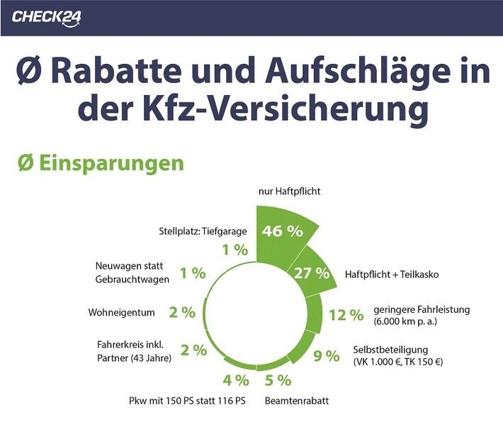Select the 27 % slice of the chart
pyautogui.click(x=312, y=272)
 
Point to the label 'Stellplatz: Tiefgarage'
pyautogui.click(x=200, y=231)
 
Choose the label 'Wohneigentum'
pyautogui.click(x=121, y=312)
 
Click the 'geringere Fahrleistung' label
pyautogui.click(x=421, y=309)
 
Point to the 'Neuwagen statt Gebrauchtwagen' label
pyautogui.click(x=132, y=273)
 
